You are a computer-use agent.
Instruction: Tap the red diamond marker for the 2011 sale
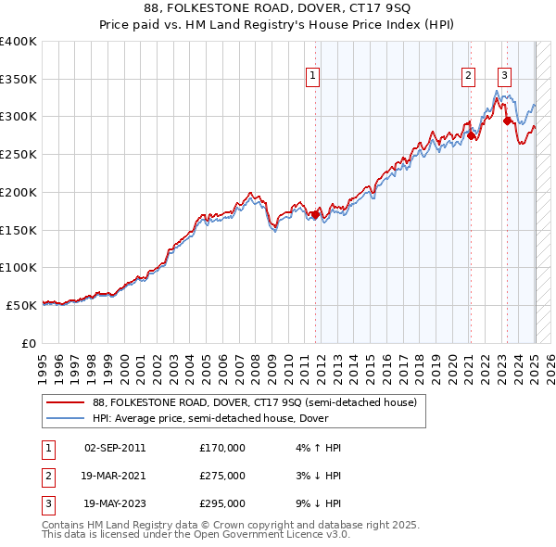click(315, 215)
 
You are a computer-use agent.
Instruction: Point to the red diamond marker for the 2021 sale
click(471, 136)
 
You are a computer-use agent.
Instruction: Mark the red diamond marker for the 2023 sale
click(507, 121)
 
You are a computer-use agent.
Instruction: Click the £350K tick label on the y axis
click(18, 79)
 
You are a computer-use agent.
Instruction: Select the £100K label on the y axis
click(18, 267)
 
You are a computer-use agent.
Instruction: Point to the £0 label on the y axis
click(28, 343)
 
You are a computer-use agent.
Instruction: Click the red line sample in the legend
click(66, 402)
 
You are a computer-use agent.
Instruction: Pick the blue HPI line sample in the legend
click(66, 418)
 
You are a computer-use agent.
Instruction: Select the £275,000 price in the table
click(222, 476)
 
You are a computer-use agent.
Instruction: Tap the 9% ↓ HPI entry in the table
click(321, 504)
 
